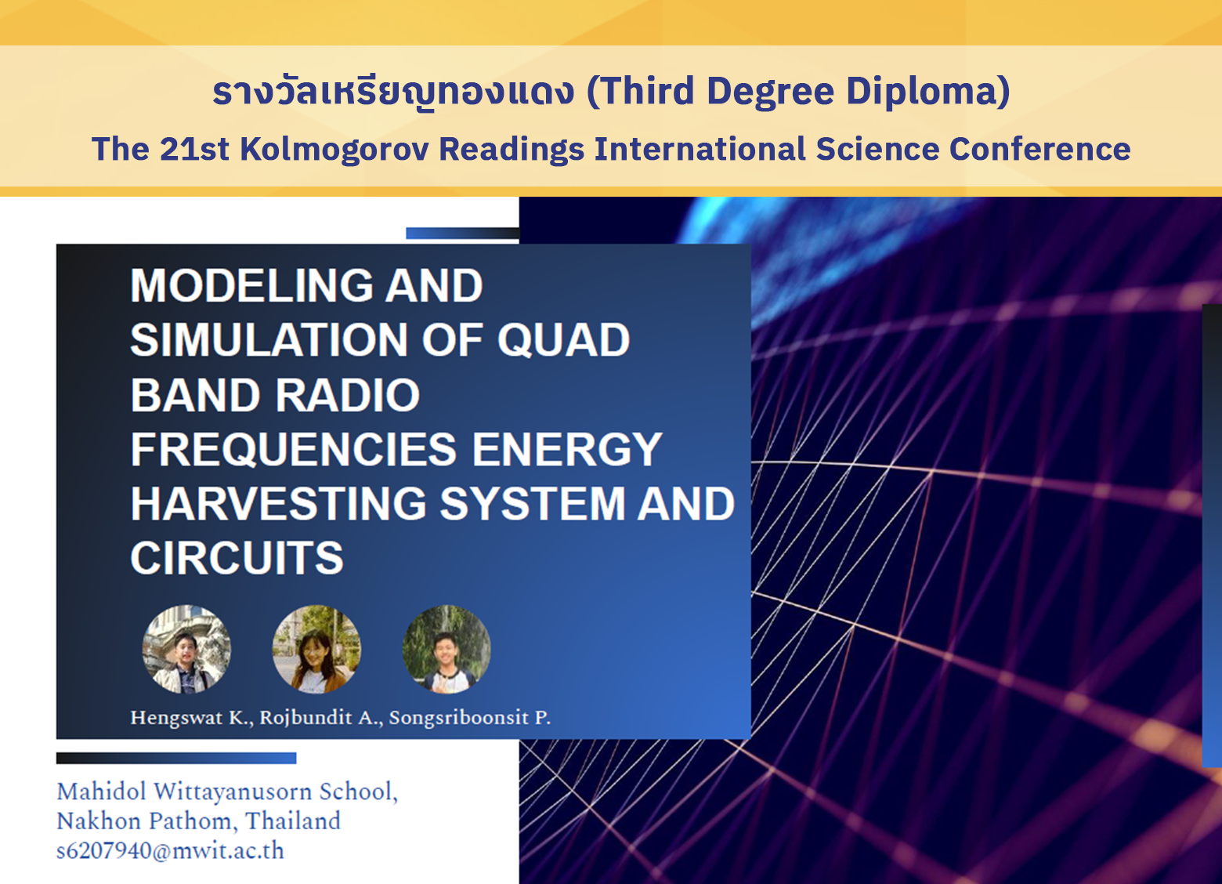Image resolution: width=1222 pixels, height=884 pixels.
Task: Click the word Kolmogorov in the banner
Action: pyautogui.click(x=334, y=149)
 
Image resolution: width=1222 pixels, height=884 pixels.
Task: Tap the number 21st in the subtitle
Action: pyautogui.click(x=195, y=148)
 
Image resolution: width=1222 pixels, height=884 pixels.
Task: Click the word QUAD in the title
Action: pyautogui.click(x=563, y=340)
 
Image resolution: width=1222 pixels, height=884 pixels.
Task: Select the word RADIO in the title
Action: pyautogui.click(x=348, y=394)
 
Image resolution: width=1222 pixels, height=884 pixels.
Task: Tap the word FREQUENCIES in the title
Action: pyautogui.click(x=294, y=449)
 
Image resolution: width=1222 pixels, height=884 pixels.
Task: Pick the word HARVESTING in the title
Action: pyautogui.click(x=278, y=503)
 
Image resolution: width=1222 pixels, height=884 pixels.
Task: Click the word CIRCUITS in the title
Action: pyautogui.click(x=237, y=558)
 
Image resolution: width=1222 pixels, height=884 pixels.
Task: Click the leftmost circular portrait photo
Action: pyautogui.click(x=186, y=649)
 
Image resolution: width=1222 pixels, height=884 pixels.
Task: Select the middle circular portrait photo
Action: pyautogui.click(x=316, y=649)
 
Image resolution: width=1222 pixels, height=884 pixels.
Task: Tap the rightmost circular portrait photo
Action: pyautogui.click(x=446, y=649)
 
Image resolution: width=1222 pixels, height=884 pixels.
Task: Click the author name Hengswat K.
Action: pyautogui.click(x=192, y=718)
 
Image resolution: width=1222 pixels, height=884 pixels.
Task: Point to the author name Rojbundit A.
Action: pyautogui.click(x=321, y=718)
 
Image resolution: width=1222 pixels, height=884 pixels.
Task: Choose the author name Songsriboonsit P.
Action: pyautogui.click(x=470, y=718)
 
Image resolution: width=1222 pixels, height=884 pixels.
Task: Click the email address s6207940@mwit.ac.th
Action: pyautogui.click(x=170, y=851)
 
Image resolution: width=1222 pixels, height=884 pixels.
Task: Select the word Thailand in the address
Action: pyautogui.click(x=293, y=821)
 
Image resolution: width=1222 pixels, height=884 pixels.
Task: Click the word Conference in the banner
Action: pyautogui.click(x=1039, y=148)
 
